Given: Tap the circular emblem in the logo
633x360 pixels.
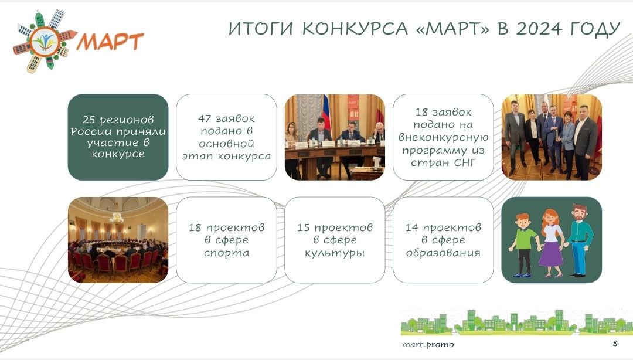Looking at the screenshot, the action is [x=45, y=42].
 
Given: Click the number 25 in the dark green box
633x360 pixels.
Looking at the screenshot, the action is [x=89, y=120].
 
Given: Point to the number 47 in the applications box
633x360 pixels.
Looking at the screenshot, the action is [x=205, y=118].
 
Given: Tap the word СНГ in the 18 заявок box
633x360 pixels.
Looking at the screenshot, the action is [x=465, y=162].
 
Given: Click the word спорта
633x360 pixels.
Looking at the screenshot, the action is [x=226, y=253].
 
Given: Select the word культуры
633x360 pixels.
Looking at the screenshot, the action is [x=335, y=253].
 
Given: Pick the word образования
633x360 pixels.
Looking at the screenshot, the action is [x=443, y=253].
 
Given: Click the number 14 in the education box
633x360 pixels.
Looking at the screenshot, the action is [x=412, y=227].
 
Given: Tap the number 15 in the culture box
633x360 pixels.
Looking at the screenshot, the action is [x=303, y=227].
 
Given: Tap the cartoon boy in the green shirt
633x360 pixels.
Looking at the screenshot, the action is [x=523, y=245].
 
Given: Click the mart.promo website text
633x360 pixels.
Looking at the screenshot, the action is [x=428, y=345].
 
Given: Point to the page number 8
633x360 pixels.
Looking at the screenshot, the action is [x=615, y=343].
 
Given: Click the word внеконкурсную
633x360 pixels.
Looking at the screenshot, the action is [x=443, y=137].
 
